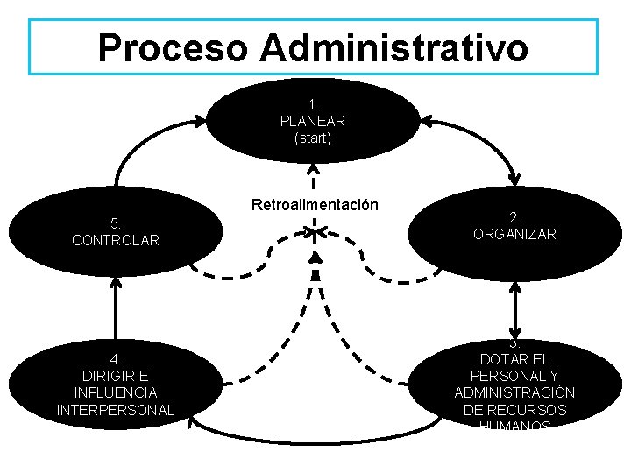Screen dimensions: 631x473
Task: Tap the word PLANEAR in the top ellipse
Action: (313, 122)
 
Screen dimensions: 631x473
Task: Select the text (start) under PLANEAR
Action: (313, 138)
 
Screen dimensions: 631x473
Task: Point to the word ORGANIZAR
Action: (514, 234)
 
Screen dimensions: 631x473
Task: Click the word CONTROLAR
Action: (116, 239)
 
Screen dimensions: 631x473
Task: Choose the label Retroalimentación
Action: (315, 205)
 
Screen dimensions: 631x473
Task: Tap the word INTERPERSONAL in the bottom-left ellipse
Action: (116, 410)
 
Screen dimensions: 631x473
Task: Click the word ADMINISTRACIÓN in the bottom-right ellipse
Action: (515, 392)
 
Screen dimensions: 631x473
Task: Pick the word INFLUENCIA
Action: (116, 392)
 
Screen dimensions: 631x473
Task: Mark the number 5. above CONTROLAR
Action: (116, 222)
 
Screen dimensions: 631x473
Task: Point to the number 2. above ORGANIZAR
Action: (514, 217)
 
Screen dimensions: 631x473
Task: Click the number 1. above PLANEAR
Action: (313, 105)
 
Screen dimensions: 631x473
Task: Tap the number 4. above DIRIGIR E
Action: (116, 359)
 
